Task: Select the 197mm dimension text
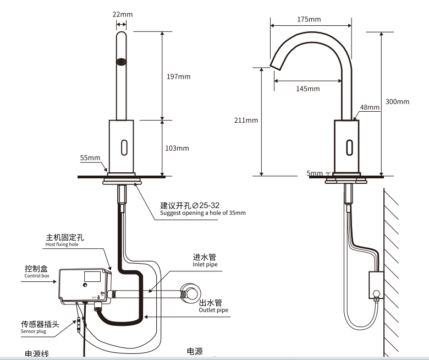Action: pos(179,77)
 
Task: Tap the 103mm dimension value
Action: pos(177,148)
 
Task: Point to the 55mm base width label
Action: pos(90,157)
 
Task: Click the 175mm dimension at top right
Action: pos(309,19)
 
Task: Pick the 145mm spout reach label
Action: pos(307,89)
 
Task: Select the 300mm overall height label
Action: pos(397,102)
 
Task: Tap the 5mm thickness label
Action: pos(315,173)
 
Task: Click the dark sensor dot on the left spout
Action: pos(122,62)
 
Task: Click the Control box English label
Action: pos(36,276)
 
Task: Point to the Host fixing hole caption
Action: pos(62,244)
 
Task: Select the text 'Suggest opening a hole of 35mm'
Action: pos(202,212)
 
